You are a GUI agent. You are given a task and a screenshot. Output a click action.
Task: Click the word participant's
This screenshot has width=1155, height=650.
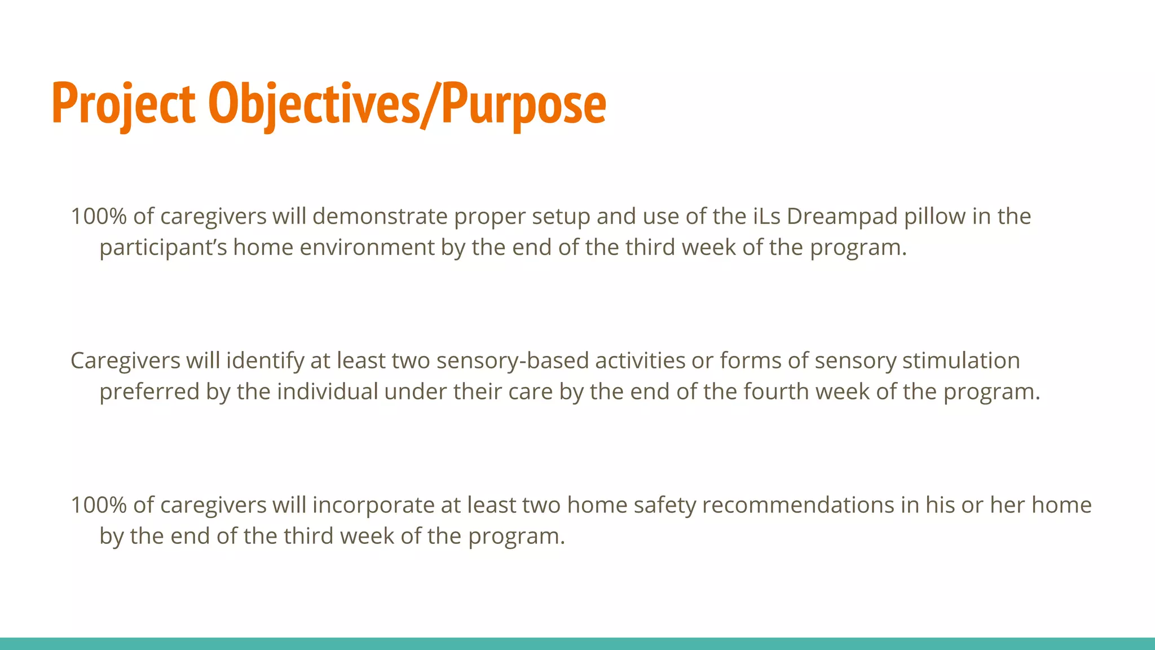[x=163, y=247]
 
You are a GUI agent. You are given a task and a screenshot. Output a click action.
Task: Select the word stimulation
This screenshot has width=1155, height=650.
[x=961, y=361]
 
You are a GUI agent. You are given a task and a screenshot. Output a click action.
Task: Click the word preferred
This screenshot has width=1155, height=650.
[x=149, y=392]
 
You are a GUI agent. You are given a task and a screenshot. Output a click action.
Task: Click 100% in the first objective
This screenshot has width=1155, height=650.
[x=99, y=216]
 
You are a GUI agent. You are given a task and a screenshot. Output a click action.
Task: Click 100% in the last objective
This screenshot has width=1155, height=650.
[x=99, y=505]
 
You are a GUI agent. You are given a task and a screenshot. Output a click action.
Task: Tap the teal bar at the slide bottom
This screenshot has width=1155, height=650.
[x=577, y=644]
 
